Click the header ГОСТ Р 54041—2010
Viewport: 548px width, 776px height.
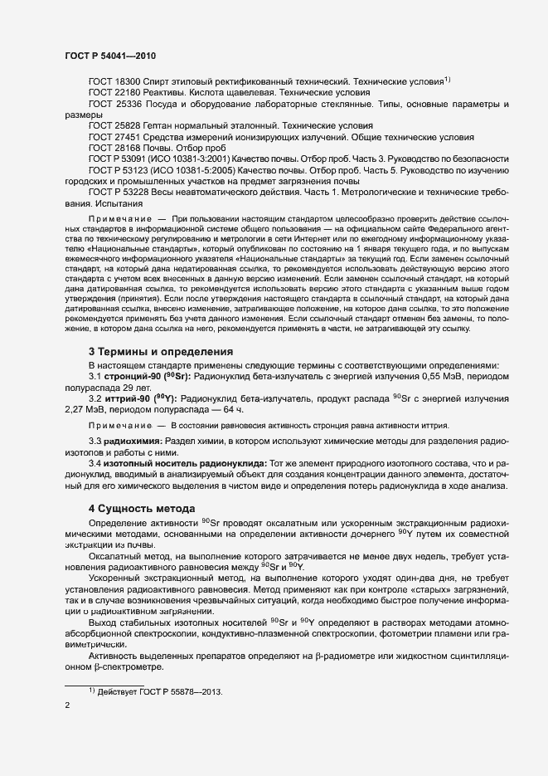click(x=109, y=56)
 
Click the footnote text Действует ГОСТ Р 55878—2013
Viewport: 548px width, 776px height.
click(x=161, y=692)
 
